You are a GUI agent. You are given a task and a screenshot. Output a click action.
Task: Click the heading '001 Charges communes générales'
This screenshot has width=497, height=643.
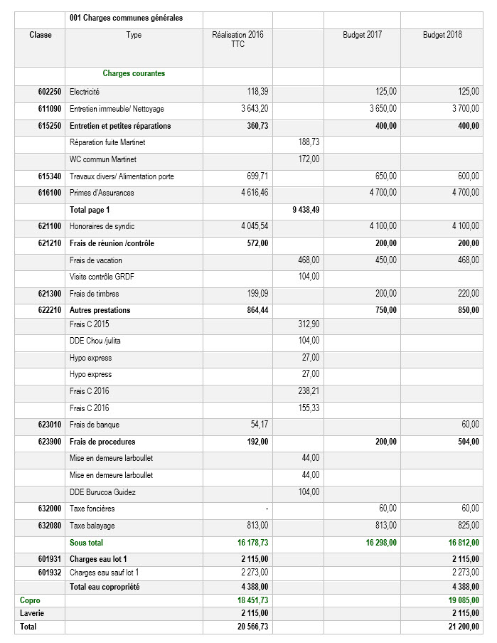[125, 18]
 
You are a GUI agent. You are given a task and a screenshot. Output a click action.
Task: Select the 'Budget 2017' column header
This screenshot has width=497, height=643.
[362, 35]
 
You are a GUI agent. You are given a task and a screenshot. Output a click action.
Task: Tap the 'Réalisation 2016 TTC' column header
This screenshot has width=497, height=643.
[237, 39]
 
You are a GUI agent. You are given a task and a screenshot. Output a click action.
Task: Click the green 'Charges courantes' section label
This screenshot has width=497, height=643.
[134, 73]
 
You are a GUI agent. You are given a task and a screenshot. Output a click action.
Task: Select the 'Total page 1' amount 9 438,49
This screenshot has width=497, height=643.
[306, 210]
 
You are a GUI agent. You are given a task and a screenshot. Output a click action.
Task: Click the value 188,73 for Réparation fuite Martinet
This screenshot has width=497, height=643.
[308, 142]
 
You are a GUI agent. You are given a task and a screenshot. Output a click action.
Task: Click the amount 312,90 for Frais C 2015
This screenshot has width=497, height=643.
[308, 324]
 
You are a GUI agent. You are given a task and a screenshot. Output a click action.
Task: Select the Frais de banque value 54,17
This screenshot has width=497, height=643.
[257, 425]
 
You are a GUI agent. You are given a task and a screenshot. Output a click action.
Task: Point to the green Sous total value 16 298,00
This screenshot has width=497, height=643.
[381, 543]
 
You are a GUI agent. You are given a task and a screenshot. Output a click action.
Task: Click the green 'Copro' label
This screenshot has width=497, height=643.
[30, 601]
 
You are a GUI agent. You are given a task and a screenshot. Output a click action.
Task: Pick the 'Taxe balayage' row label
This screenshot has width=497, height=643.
[92, 526]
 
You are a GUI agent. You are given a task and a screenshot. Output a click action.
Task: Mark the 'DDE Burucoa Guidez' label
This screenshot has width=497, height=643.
[102, 492]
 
